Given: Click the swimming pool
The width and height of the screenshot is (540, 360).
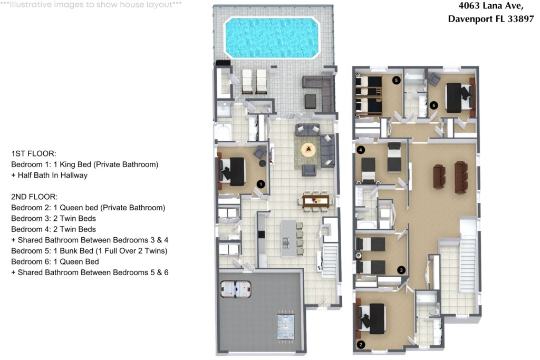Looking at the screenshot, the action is point(272,37).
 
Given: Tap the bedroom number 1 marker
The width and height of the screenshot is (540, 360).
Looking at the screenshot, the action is point(261,184).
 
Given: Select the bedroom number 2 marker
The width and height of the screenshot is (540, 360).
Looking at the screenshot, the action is point(361,345).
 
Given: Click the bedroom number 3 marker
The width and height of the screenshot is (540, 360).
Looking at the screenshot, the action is point(401,270).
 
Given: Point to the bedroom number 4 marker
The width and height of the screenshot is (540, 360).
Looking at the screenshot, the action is point(361,150).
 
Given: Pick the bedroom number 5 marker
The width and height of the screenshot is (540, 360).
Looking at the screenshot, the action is point(397,80).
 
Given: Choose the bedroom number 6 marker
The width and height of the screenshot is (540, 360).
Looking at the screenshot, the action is point(433,105).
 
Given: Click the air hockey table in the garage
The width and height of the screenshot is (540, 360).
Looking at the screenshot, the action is point(236,289).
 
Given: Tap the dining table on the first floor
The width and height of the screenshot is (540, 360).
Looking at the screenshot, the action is point(316,200).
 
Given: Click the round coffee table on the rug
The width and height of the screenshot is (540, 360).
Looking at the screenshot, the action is point(308,149).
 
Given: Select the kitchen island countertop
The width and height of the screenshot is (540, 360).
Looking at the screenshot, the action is point(288,239).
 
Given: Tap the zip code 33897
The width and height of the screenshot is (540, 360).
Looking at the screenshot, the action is point(520,18).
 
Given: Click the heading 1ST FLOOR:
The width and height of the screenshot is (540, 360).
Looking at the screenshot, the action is point(33,153).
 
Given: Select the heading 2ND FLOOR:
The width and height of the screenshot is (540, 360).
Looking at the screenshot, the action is point(34,197).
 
